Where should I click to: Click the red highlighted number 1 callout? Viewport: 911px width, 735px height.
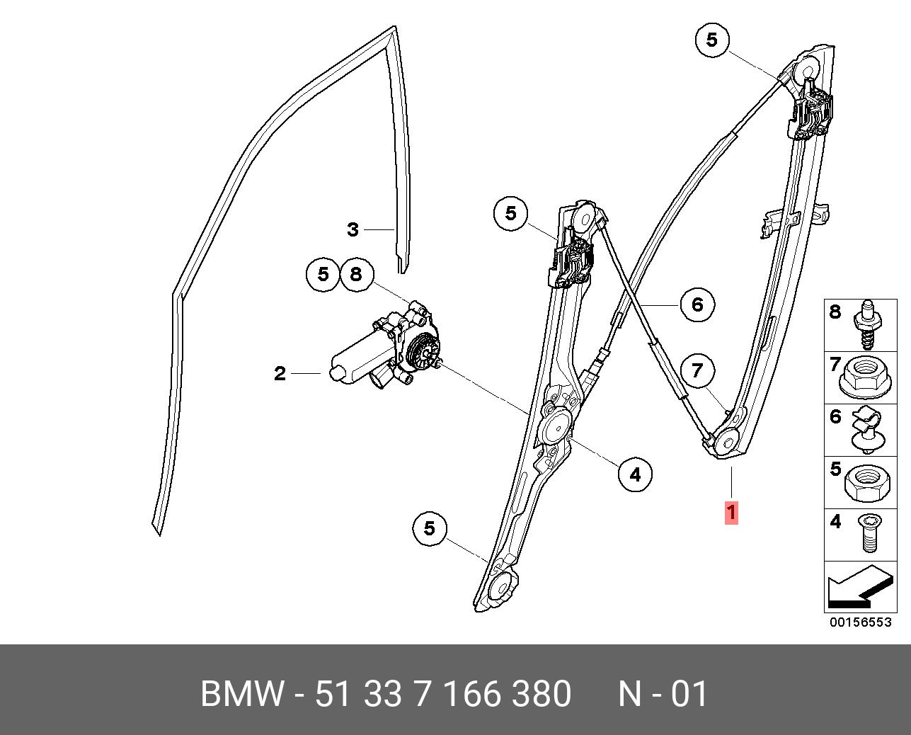(731, 513)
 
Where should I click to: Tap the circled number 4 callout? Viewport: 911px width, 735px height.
(635, 475)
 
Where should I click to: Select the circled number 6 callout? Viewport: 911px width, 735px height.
(697, 304)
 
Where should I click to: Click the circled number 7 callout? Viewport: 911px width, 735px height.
(697, 371)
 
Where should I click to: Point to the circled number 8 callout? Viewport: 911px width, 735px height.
(357, 275)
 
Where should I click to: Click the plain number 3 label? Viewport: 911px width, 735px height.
(353, 229)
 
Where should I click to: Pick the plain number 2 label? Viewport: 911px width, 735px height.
(280, 374)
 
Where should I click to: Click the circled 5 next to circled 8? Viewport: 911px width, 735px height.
(323, 275)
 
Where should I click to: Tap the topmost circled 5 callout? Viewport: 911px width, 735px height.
(713, 40)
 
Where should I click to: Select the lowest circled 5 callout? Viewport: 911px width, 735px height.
(429, 529)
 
